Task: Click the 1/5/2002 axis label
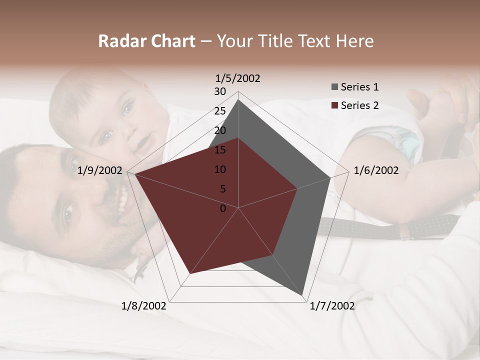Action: click(238, 78)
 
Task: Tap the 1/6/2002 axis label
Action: click(376, 170)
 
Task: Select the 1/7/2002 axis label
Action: click(332, 306)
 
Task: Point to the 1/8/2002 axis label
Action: click(144, 306)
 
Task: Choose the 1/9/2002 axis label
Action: click(100, 170)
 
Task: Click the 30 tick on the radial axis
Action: click(220, 91)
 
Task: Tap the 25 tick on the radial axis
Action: click(220, 111)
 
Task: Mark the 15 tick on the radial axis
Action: click(220, 150)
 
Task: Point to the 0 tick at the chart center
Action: click(223, 208)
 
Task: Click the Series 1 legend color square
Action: click(334, 87)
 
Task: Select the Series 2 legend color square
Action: click(334, 105)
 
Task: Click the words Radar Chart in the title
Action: click(146, 41)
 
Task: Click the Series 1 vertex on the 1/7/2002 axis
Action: click(303, 296)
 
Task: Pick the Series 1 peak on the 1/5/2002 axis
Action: click(238, 99)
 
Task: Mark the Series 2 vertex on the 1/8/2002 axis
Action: click(189, 274)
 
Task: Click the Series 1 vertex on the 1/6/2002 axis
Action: click(330, 177)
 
